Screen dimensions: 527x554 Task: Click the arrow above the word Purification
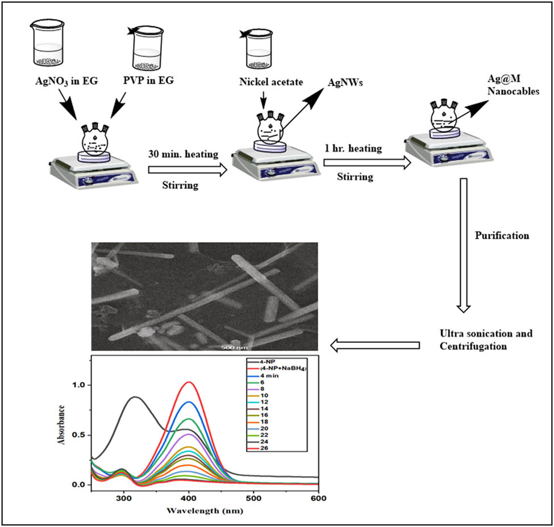click(464, 193)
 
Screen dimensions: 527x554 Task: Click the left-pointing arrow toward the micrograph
click(375, 345)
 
